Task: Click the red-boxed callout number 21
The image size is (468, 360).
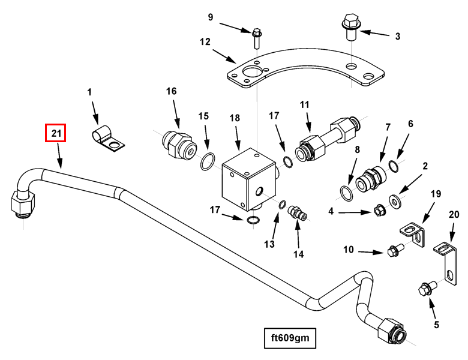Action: (x=56, y=133)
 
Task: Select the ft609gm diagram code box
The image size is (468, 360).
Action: (x=289, y=338)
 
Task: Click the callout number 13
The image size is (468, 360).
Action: (x=269, y=244)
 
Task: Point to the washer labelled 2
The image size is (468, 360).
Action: (x=396, y=199)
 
